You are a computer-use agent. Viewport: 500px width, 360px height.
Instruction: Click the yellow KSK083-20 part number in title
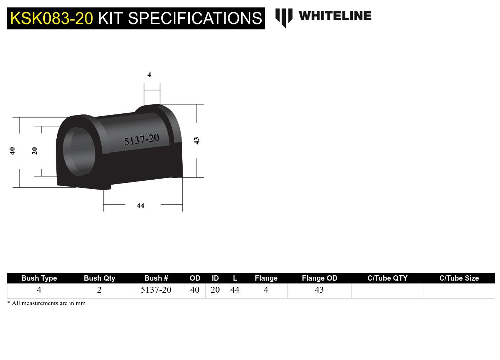point(51,18)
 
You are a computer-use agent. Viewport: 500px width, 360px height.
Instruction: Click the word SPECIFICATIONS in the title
point(195,18)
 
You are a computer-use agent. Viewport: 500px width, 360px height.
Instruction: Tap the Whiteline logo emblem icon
point(284,17)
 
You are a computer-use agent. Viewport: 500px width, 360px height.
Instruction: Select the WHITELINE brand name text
point(335,16)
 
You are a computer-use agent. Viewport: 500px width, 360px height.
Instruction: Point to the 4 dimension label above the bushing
point(149,75)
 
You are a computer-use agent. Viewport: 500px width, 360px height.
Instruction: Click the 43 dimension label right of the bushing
point(197,141)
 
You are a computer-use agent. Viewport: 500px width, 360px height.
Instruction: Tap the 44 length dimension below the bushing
point(140,206)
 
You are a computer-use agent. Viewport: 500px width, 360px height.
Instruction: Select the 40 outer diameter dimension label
point(12,151)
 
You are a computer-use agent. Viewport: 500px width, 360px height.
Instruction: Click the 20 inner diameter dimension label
point(34,151)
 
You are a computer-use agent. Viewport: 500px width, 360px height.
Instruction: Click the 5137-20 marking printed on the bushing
point(141,140)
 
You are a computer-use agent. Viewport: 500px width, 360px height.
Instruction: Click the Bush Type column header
point(39,278)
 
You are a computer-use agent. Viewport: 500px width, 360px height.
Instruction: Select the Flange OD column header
point(319,278)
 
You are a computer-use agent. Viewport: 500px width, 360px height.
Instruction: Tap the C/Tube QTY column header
point(387,278)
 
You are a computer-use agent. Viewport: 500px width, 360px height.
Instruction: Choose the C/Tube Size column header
point(459,278)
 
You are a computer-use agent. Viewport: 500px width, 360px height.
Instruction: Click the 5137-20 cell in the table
point(156,290)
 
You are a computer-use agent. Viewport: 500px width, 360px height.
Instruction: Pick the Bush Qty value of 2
point(99,290)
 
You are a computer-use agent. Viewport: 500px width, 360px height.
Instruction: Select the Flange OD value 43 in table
point(319,290)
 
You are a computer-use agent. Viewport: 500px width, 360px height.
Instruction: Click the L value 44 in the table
point(235,290)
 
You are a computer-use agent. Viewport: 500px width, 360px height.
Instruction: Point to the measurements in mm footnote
point(46,303)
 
